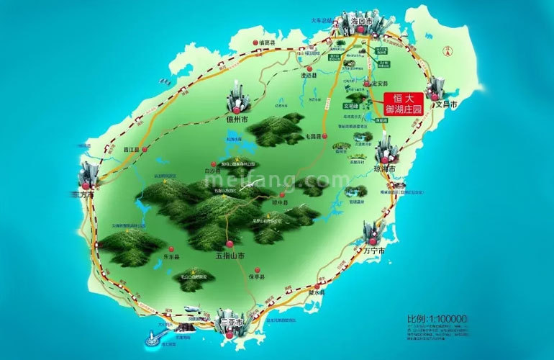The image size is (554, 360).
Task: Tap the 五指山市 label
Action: tap(230, 256)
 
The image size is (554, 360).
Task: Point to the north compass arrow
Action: tap(448, 49)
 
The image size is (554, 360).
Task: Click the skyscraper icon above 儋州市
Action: tap(237, 97)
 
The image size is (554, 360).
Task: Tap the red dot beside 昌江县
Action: tap(145, 150)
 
